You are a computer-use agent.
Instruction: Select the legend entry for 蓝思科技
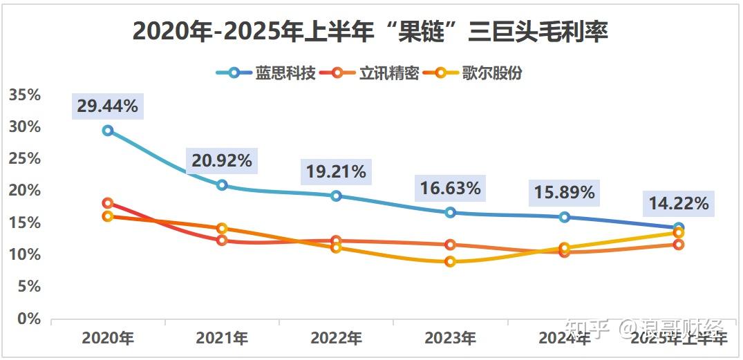265,73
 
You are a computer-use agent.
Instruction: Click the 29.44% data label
107,106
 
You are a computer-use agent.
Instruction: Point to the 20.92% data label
222,161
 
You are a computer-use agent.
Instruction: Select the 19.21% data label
336,171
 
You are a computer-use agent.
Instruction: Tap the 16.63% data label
450,188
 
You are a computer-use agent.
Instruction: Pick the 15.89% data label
565,193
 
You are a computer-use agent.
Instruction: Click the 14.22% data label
678,203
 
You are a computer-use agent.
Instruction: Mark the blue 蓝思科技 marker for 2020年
108,131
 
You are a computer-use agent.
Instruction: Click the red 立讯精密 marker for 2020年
108,203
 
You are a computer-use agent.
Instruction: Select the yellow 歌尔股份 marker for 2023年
451,262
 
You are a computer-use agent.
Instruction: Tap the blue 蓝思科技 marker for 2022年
336,196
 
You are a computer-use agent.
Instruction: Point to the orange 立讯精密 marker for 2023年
451,245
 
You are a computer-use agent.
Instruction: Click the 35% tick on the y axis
25,95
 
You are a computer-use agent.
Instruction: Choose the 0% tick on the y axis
29,319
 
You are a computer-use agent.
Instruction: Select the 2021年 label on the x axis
222,339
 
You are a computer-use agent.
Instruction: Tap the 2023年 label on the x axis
450,339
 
